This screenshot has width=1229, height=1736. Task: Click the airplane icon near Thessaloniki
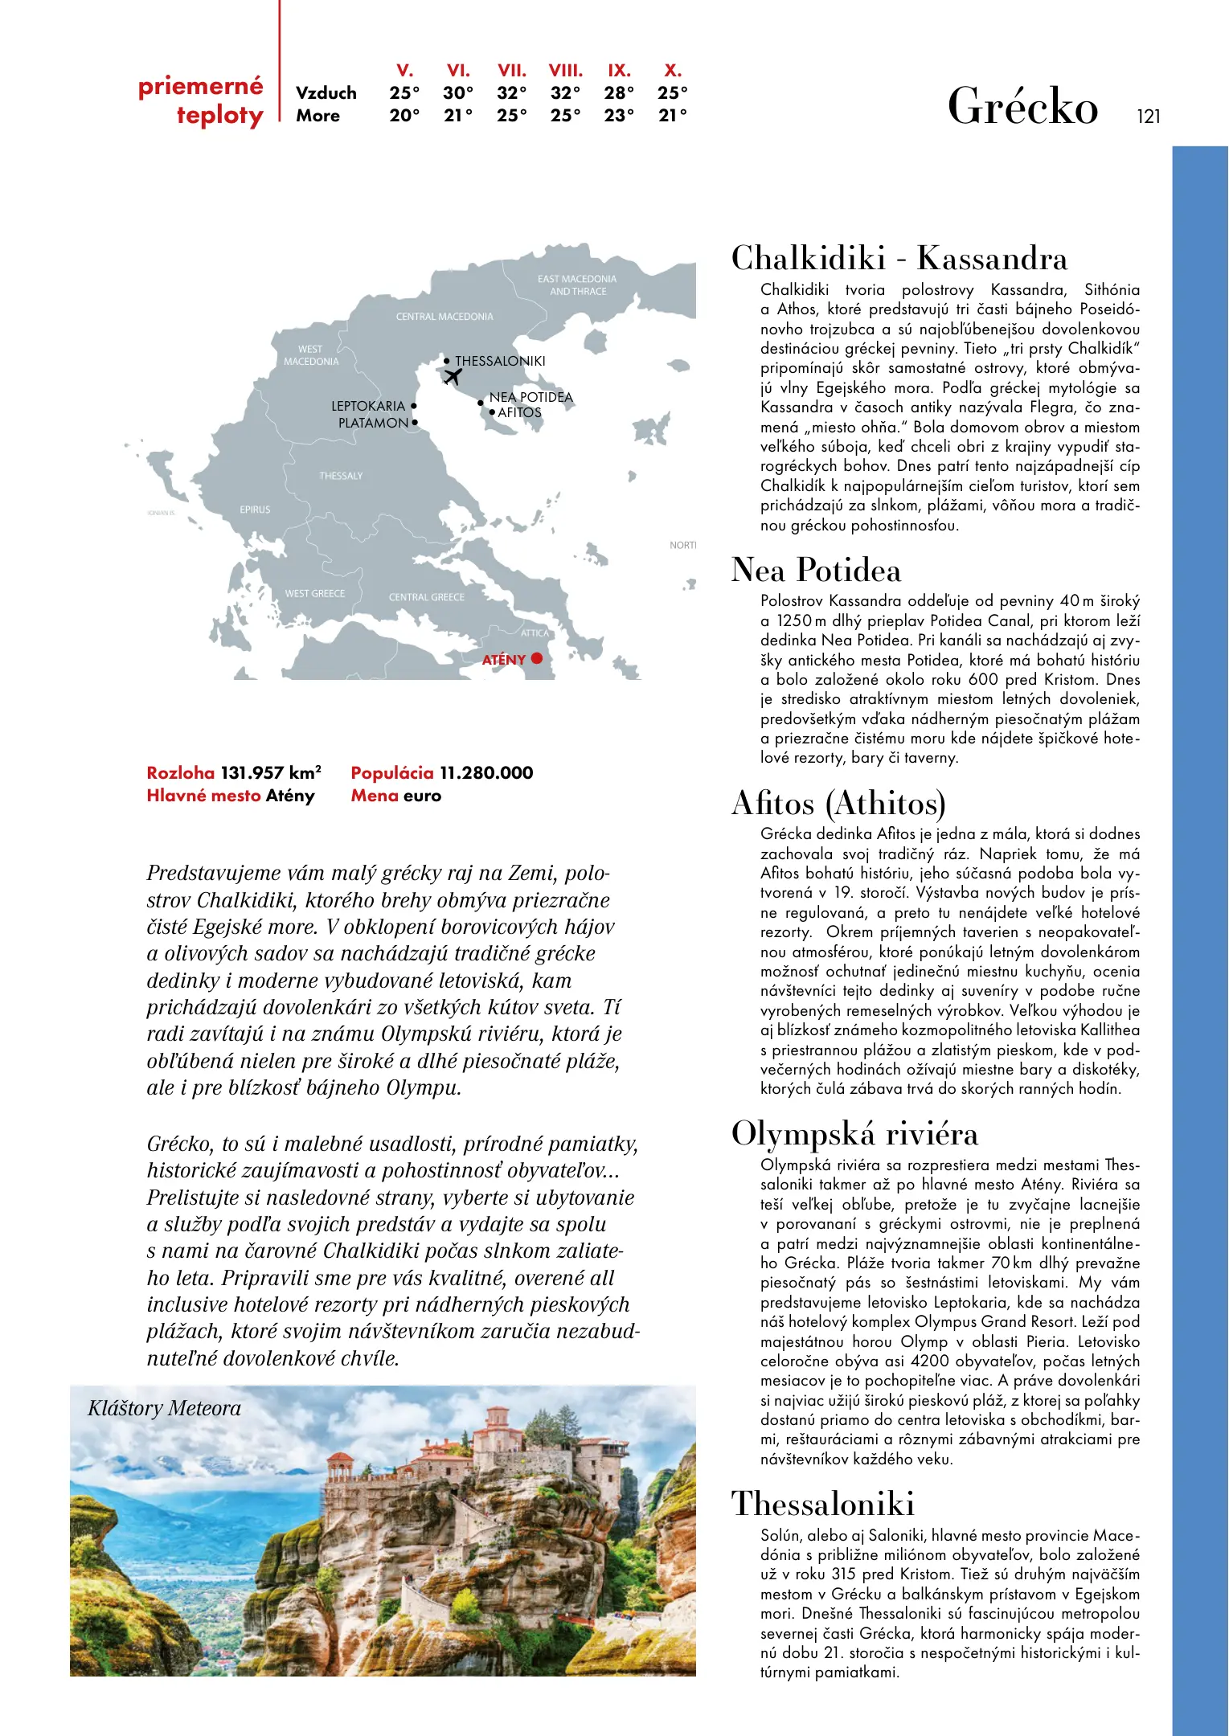tap(453, 376)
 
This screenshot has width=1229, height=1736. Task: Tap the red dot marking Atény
tap(537, 658)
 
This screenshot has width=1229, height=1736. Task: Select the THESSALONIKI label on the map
tap(500, 361)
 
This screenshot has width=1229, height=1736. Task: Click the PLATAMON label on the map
tap(373, 423)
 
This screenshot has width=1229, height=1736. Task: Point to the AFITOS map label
tap(519, 412)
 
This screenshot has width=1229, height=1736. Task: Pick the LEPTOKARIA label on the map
tap(368, 406)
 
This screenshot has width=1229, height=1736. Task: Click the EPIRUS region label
tap(255, 510)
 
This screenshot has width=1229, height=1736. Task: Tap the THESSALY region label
tap(341, 476)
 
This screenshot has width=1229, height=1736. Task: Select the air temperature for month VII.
tap(511, 92)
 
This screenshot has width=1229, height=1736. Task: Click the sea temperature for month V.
tap(404, 115)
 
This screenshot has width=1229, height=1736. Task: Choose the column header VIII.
tap(566, 70)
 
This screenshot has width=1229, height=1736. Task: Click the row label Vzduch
tap(326, 92)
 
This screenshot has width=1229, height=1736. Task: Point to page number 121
tap(1149, 117)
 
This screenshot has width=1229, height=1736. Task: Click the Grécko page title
tap(1022, 107)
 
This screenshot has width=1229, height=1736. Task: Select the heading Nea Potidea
tap(816, 570)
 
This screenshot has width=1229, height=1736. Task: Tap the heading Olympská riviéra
tap(854, 1133)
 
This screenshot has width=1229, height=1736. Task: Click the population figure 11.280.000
tap(486, 772)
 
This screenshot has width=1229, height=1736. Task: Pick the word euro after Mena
tap(422, 796)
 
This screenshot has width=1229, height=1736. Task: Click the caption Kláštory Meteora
tap(164, 1408)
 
